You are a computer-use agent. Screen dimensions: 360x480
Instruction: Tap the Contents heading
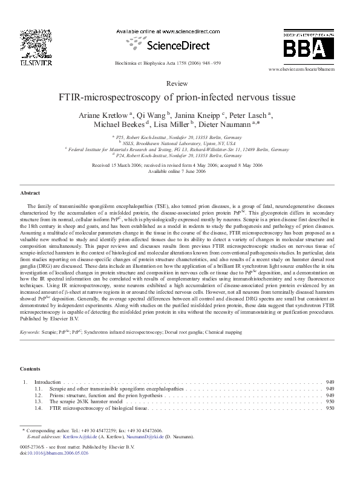pos(30,368)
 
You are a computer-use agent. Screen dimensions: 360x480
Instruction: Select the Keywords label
pos(31,332)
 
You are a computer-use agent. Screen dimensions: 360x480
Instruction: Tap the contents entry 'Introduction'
pos(47,382)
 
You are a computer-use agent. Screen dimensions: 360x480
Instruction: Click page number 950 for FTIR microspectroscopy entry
pos(330,408)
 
